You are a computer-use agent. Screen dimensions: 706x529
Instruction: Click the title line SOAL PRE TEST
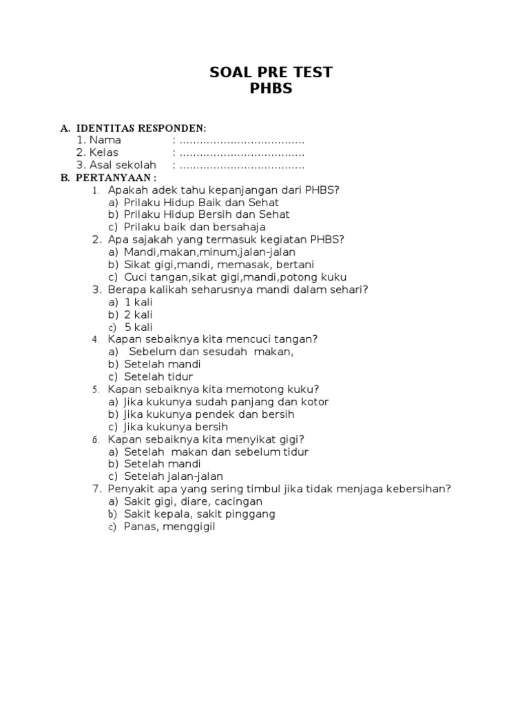[x=271, y=72]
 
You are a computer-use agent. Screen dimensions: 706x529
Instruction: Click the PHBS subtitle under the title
[x=271, y=89]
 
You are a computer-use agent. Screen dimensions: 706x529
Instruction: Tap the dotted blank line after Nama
[x=241, y=141]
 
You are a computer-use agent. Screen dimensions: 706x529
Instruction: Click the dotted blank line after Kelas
[x=241, y=153]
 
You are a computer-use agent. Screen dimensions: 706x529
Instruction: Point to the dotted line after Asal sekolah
[x=241, y=165]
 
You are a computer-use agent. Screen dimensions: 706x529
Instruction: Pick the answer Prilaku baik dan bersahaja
[x=195, y=227]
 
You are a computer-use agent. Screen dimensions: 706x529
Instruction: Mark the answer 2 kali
[x=138, y=314]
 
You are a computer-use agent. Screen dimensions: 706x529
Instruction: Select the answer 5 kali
[x=138, y=327]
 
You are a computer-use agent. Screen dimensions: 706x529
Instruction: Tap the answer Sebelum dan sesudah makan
[x=211, y=352]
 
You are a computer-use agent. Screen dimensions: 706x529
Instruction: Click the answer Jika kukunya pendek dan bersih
[x=209, y=414]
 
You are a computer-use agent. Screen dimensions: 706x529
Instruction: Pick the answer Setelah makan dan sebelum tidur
[x=216, y=452]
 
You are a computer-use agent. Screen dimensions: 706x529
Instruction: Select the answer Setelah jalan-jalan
[x=174, y=476]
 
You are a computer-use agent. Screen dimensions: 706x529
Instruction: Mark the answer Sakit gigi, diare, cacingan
[x=194, y=501]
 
